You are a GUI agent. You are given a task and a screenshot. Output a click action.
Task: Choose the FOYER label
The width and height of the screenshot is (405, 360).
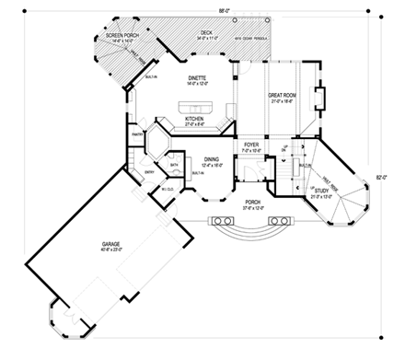coord(250,145)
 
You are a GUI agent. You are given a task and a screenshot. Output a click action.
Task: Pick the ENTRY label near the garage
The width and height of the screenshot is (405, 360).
coord(150,171)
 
